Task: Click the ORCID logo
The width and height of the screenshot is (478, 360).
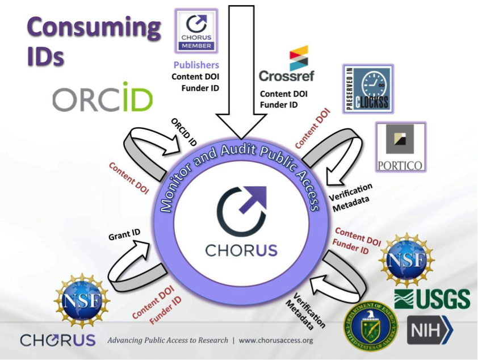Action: (x=103, y=100)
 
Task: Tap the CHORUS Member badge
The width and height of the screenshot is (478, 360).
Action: (x=196, y=32)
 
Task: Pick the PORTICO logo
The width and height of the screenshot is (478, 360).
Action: (x=400, y=146)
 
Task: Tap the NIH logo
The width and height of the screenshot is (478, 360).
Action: (x=430, y=330)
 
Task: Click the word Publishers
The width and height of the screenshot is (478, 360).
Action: (x=196, y=65)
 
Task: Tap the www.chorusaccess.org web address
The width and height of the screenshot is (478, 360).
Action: (x=275, y=341)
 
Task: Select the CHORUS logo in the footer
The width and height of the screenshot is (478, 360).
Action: (x=57, y=340)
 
